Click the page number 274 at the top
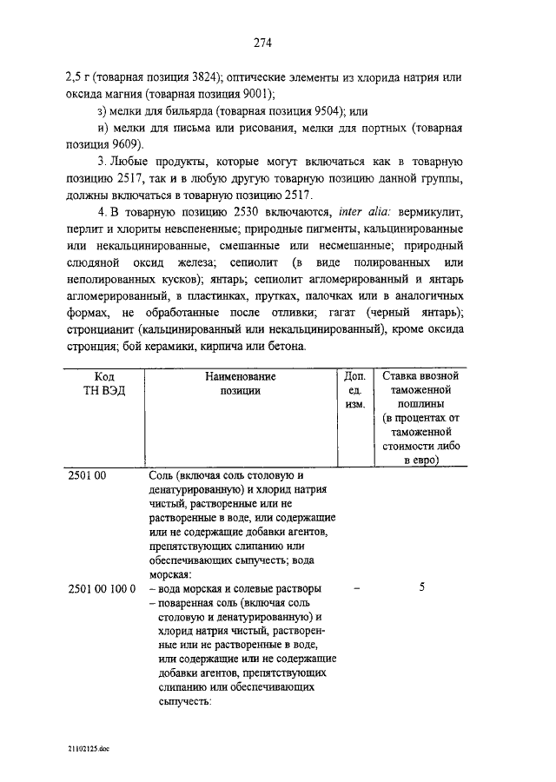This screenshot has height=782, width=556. click(x=264, y=40)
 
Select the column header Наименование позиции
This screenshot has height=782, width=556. click(x=241, y=384)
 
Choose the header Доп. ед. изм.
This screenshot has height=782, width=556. click(x=353, y=391)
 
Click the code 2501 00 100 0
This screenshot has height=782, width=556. click(x=102, y=588)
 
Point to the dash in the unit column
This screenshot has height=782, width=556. click(x=357, y=588)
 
